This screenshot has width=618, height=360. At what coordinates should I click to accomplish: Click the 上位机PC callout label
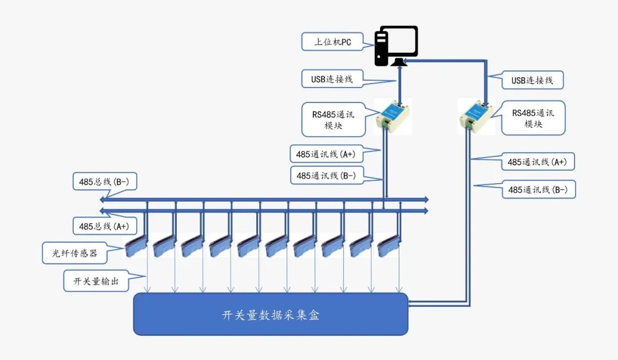click(332, 42)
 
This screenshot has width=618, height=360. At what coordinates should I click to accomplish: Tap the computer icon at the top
click(396, 46)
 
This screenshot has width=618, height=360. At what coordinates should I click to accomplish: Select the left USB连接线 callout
click(332, 79)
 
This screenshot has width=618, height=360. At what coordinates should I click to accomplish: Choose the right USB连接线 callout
click(532, 80)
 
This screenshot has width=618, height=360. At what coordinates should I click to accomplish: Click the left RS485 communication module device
click(393, 116)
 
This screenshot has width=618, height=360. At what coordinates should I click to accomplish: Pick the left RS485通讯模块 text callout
click(333, 120)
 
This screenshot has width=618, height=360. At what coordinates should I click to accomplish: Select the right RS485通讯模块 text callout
click(533, 118)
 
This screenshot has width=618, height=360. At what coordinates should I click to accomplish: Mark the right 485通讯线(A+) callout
click(537, 162)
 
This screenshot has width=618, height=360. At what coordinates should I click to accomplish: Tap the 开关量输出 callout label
click(96, 282)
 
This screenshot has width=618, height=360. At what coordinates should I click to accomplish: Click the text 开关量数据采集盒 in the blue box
click(270, 315)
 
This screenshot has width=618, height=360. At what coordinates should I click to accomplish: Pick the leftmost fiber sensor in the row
click(136, 246)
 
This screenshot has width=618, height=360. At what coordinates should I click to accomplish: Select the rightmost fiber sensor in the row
click(389, 246)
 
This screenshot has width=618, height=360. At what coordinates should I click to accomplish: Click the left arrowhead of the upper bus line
click(102, 199)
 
